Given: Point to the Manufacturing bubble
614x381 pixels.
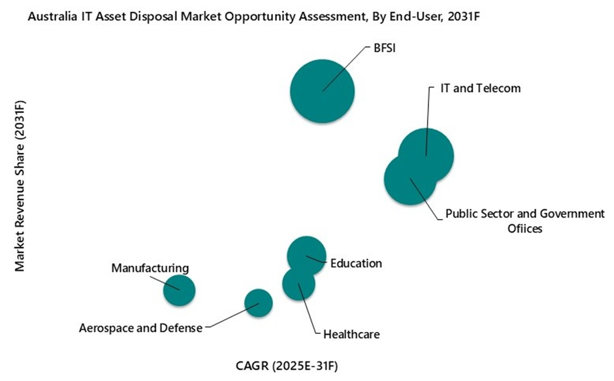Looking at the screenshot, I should (x=179, y=290).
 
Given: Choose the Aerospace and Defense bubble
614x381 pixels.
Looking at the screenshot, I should (x=259, y=303).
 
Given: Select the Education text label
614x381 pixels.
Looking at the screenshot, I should (x=356, y=263).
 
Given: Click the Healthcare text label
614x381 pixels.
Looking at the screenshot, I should (x=351, y=335).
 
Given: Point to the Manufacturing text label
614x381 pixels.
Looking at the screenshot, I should (x=150, y=268).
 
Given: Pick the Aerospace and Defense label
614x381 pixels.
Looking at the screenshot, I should (x=140, y=328).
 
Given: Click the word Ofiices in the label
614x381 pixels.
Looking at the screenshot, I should (x=525, y=229).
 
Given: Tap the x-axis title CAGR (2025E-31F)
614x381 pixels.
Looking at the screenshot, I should (x=287, y=364).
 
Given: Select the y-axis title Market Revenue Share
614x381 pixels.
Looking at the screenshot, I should (x=20, y=186).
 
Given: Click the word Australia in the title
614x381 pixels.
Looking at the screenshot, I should (x=51, y=19).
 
